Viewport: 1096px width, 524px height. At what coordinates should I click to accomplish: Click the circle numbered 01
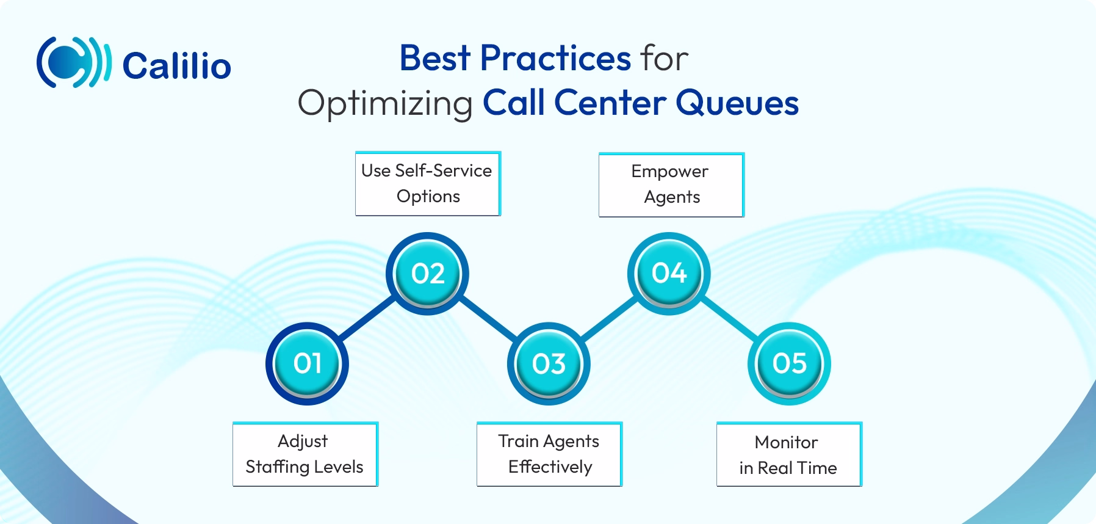point(307,364)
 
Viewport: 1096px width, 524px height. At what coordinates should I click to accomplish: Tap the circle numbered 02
point(427,273)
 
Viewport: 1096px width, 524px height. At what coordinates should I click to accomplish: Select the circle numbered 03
point(549,364)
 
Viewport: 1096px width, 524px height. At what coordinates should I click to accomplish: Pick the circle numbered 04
point(669,273)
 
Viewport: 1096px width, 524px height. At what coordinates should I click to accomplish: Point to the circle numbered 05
point(789,364)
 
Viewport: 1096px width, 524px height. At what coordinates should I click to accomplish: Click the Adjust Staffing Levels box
point(305,454)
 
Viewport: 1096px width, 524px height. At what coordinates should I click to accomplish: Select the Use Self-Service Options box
point(427,183)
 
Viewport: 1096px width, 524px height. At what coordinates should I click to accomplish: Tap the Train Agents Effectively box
point(549,454)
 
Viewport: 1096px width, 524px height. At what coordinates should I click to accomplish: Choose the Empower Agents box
point(671,184)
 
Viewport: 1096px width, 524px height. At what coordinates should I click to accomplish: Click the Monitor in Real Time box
point(788,455)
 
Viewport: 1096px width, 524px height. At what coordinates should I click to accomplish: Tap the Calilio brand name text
point(177,65)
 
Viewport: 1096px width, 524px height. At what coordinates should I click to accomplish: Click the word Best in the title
point(434,59)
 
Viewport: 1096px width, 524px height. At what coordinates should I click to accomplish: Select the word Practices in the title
point(555,59)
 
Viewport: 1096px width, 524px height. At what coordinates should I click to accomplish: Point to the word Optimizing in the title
point(385,103)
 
